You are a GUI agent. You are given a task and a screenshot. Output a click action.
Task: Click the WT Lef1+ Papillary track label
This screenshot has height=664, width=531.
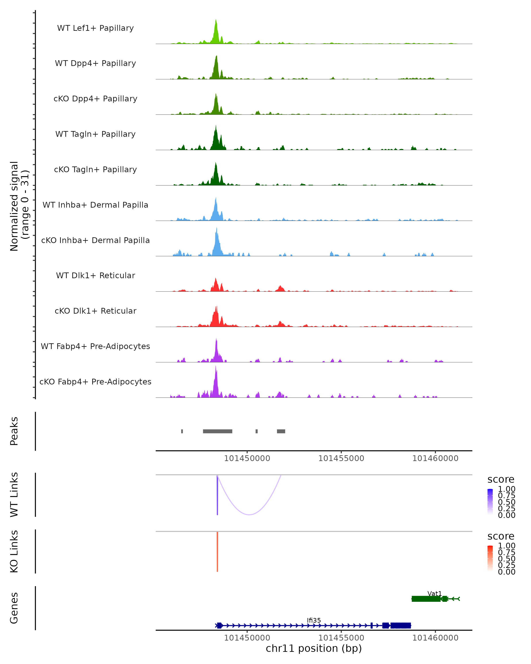(x=95, y=28)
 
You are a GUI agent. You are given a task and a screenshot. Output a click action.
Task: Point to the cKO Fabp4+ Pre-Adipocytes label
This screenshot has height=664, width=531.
(x=95, y=382)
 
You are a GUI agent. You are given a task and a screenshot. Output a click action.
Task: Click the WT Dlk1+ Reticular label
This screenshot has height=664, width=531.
(x=95, y=275)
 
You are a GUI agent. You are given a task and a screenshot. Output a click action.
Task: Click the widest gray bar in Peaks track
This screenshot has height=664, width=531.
(x=218, y=431)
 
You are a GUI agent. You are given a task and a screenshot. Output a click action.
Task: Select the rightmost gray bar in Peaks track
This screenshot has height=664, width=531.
(x=281, y=431)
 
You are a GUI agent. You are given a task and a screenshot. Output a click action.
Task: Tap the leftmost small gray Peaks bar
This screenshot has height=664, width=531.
(x=182, y=431)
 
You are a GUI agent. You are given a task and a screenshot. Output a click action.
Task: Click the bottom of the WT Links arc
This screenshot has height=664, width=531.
(x=249, y=514)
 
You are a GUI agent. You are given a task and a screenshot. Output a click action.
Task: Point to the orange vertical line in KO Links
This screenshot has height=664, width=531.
(x=217, y=552)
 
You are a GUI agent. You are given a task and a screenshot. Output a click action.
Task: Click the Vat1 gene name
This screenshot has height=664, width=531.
(x=434, y=593)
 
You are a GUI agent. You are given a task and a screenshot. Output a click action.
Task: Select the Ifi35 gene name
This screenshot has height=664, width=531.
(x=314, y=620)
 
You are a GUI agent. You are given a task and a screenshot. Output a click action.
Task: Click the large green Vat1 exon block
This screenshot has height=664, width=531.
(x=426, y=599)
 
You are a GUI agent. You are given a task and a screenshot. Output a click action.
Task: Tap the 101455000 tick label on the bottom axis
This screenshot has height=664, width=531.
(x=341, y=638)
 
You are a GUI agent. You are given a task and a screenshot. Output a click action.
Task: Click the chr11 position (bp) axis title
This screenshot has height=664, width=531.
(x=314, y=649)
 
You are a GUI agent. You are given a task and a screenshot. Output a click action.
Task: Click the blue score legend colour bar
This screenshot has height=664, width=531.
(x=490, y=501)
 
